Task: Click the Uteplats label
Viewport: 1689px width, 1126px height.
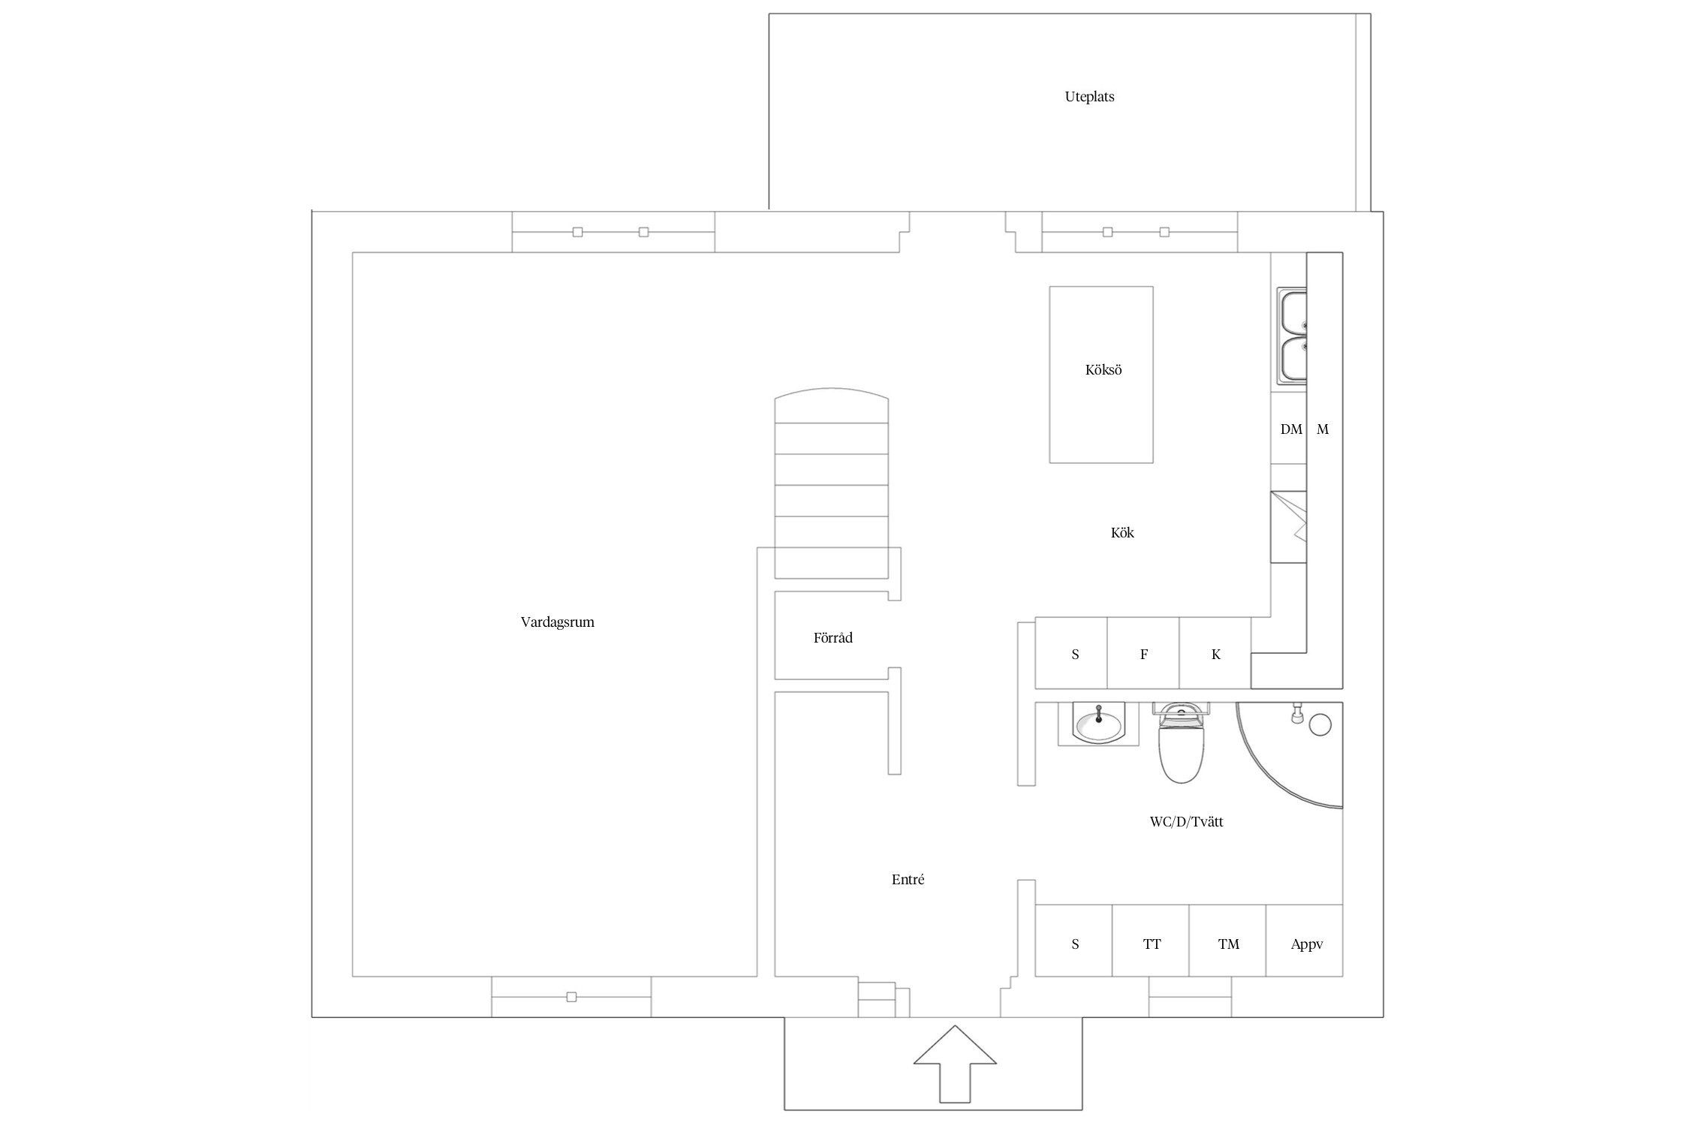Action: point(1089,97)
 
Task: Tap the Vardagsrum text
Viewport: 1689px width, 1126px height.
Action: point(557,622)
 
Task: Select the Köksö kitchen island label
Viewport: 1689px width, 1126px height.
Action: point(1103,370)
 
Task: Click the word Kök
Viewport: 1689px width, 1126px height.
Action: point(1122,533)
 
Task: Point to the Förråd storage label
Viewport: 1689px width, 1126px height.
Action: point(832,638)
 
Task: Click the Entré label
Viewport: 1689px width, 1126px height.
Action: point(908,880)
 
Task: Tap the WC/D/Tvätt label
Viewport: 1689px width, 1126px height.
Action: point(1186,822)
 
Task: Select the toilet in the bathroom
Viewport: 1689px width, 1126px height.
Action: point(1181,742)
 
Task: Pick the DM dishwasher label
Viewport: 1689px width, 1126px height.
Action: point(1291,429)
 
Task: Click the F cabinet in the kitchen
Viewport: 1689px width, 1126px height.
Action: point(1143,653)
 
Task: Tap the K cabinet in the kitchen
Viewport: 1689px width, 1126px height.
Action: point(1215,653)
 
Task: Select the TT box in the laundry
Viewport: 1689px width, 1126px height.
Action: point(1151,941)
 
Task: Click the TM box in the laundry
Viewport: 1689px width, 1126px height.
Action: point(1228,941)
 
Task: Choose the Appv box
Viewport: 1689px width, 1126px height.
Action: point(1305,941)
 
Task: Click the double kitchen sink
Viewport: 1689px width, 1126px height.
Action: point(1293,337)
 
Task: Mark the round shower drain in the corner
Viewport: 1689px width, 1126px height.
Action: point(1320,724)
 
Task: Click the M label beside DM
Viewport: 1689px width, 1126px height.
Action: point(1323,429)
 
